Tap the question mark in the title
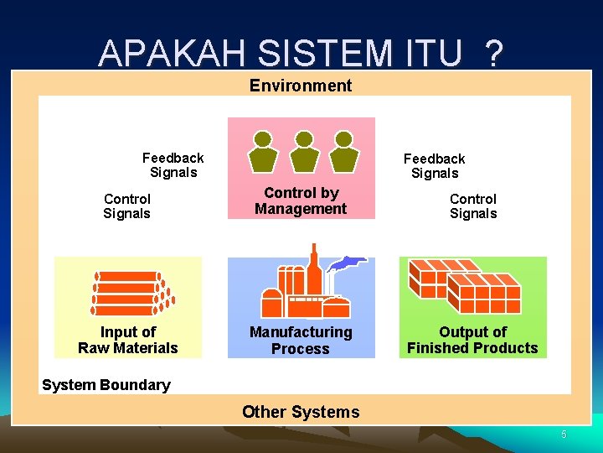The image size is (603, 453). click(493, 53)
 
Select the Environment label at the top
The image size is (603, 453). click(301, 85)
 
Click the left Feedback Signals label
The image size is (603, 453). click(173, 165)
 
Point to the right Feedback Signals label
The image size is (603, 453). click(434, 166)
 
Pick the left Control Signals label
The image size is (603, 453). click(127, 206)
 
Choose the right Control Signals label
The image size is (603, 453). click(473, 206)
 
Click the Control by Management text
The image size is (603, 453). click(301, 201)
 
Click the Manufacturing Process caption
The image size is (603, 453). click(301, 341)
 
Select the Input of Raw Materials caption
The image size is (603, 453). click(128, 341)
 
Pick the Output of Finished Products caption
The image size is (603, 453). click(472, 341)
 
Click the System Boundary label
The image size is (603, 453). click(106, 385)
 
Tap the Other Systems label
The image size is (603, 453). click(301, 412)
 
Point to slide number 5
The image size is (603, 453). click(564, 435)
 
